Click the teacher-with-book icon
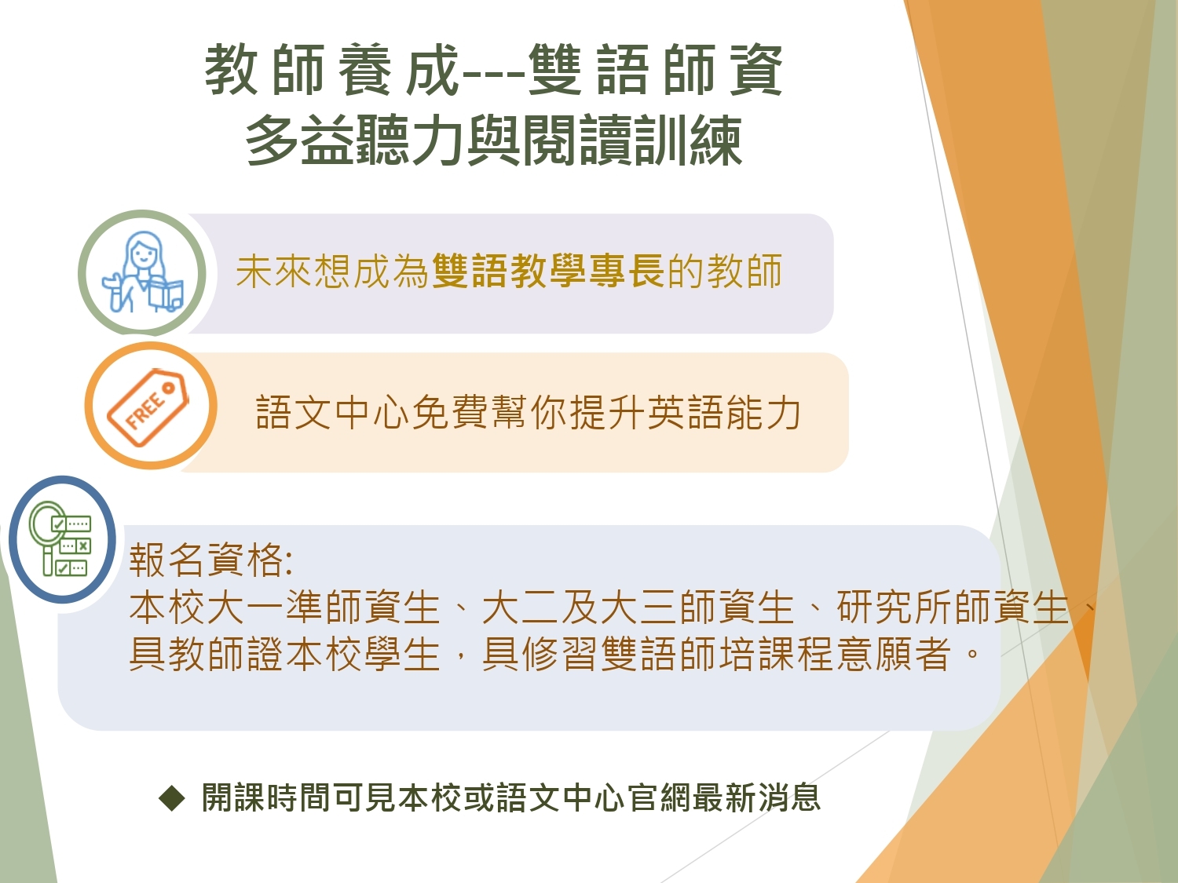tap(142, 272)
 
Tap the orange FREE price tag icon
tap(148, 407)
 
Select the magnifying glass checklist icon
tap(60, 538)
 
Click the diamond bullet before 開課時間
tap(172, 799)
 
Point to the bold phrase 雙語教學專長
tap(548, 271)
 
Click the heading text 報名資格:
tap(211, 560)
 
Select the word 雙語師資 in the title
tap(655, 70)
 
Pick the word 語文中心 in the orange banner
tap(333, 412)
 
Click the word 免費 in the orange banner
tap(450, 412)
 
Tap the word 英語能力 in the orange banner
tap(724, 412)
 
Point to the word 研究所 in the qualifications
tap(895, 608)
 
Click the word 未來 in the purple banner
tap(274, 271)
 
